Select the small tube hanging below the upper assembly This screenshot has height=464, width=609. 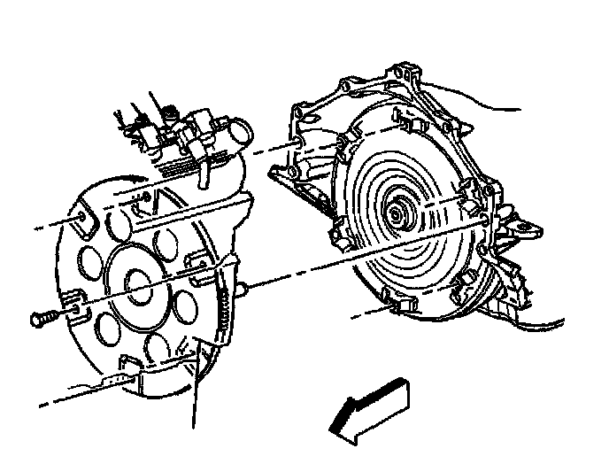[202, 174]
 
